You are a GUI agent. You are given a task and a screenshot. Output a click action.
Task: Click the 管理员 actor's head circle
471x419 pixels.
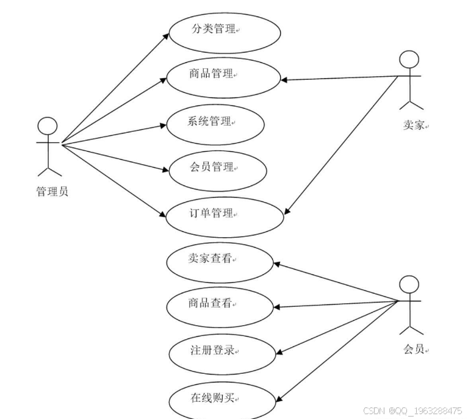point(48,126)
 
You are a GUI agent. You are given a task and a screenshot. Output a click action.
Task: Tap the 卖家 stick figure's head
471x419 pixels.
point(409,60)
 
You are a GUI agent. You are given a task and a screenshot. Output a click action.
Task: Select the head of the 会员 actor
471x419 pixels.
point(409,285)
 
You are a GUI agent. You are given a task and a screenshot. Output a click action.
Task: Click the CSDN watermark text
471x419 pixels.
point(412,411)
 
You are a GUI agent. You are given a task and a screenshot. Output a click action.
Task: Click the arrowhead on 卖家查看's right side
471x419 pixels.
point(275,264)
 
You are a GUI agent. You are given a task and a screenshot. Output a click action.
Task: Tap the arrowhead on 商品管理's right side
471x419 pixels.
point(284,80)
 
